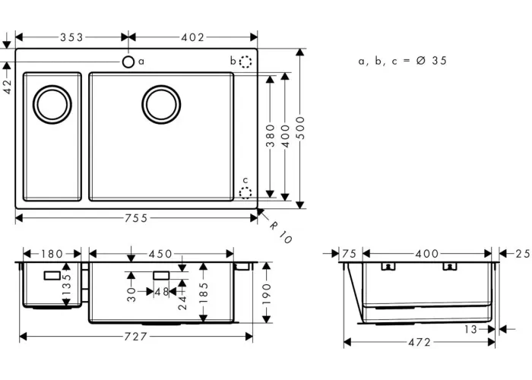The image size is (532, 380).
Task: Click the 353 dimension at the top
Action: (71, 37)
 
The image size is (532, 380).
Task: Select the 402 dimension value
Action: (193, 37)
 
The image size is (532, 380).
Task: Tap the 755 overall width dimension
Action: (136, 218)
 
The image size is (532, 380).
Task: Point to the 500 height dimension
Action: (301, 128)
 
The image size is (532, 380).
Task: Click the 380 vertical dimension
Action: (270, 135)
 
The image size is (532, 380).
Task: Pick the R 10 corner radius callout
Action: (280, 233)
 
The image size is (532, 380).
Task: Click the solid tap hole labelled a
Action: (128, 62)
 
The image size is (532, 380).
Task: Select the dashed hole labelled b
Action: (245, 62)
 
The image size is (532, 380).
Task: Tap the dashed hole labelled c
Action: (245, 193)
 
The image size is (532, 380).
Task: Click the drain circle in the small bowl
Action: (52, 105)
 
